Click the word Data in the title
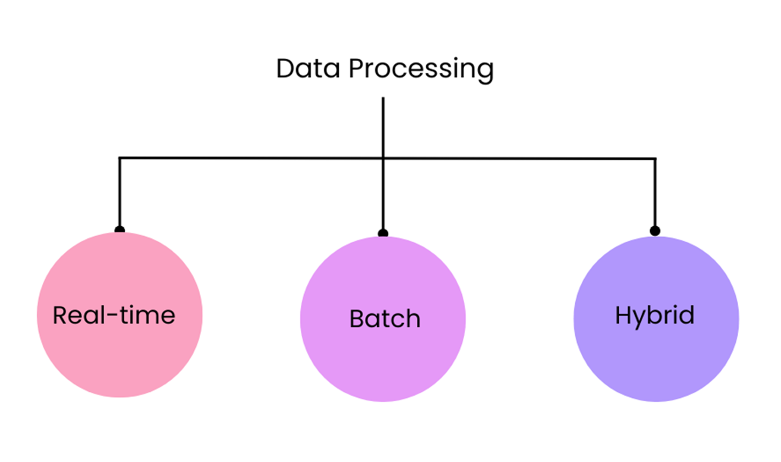point(308,69)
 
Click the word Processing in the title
point(421,69)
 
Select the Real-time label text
point(114,315)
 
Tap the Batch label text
point(384,319)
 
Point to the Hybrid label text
point(655,315)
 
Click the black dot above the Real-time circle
point(120,229)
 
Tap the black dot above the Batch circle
point(383,233)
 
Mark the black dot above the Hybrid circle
point(655,231)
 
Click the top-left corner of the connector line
point(120,158)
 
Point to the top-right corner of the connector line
point(655,159)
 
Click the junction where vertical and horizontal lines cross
point(383,158)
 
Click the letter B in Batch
point(357,319)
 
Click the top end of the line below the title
point(383,99)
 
